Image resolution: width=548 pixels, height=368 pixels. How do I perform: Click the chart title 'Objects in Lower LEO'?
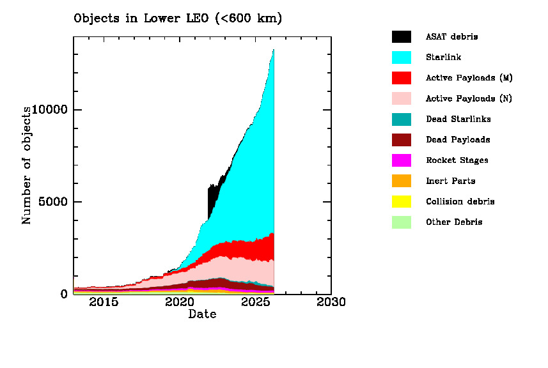[x=178, y=19]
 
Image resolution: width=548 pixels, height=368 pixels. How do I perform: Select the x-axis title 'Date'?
[x=202, y=314]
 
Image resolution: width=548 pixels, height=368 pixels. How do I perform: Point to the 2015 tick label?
[x=104, y=302]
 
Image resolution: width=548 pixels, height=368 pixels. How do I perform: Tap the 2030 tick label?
[x=331, y=302]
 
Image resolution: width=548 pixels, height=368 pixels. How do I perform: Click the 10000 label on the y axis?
[x=50, y=110]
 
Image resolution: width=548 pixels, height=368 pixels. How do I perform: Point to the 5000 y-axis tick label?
[x=54, y=202]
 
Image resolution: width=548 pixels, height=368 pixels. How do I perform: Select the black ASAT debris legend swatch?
[x=402, y=36]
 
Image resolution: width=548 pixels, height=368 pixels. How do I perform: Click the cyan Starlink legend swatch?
[x=402, y=57]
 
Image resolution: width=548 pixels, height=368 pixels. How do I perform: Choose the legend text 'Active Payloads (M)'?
[x=469, y=78]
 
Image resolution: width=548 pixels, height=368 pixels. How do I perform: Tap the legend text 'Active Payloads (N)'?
[x=469, y=98]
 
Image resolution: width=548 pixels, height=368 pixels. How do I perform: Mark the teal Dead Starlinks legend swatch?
[x=402, y=119]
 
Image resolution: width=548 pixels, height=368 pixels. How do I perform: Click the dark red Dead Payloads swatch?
[x=402, y=140]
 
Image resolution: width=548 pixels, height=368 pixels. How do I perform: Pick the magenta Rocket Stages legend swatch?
[x=402, y=160]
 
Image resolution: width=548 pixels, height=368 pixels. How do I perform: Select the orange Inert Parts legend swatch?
[x=402, y=181]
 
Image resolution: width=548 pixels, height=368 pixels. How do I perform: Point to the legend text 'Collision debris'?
[x=460, y=201]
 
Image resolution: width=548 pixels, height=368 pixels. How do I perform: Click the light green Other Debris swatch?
[x=402, y=222]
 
